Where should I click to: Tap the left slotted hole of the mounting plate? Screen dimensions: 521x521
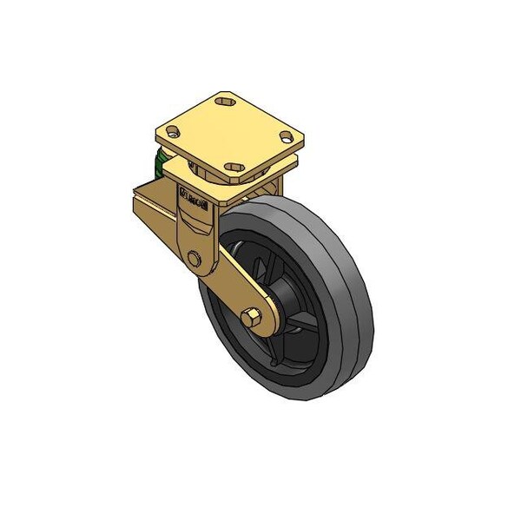[x=173, y=134]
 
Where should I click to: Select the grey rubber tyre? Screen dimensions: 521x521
[x=339, y=260]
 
